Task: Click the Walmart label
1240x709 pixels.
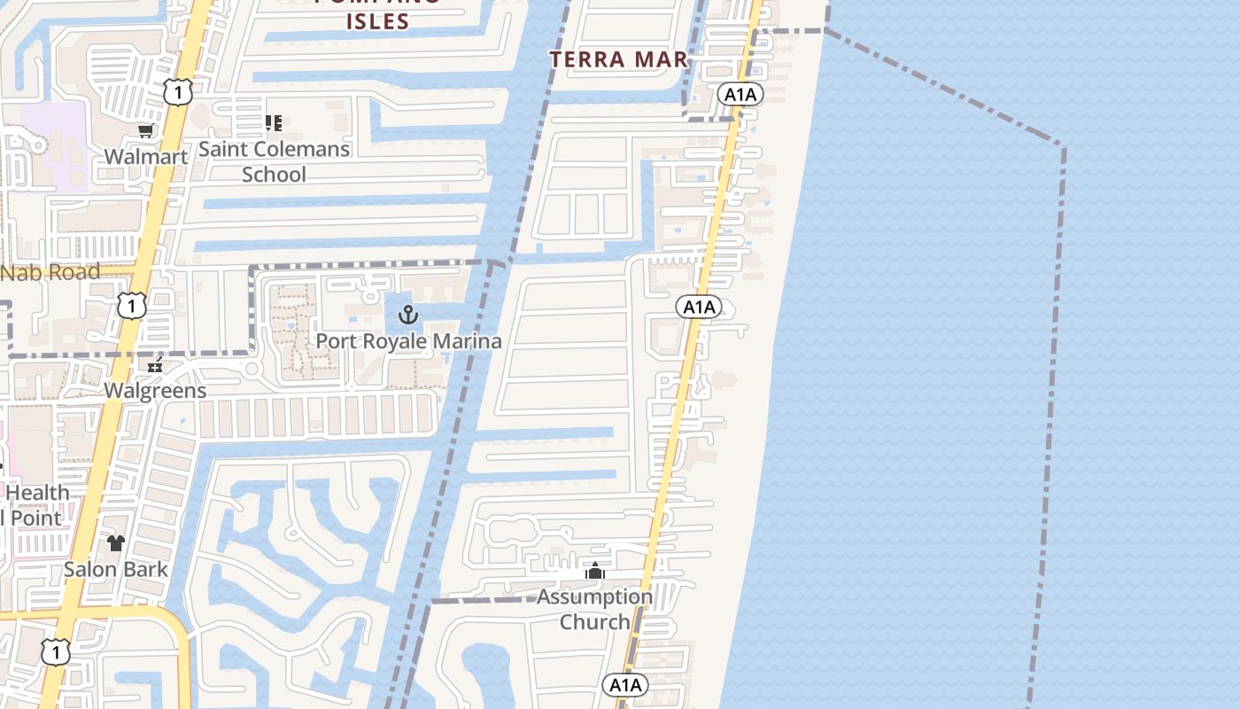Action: [x=146, y=157]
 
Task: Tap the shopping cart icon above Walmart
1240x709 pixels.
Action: [x=146, y=131]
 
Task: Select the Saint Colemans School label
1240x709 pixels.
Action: [x=274, y=161]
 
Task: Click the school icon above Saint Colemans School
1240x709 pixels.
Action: [x=274, y=123]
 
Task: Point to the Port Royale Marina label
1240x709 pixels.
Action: [x=408, y=341]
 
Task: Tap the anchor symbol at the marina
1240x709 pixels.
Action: [x=408, y=315]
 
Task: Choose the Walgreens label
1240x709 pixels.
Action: [x=155, y=391]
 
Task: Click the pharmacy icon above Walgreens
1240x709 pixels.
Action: [x=156, y=364]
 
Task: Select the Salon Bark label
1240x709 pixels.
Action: [x=115, y=569]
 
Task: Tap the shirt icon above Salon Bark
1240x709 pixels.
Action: [x=116, y=542]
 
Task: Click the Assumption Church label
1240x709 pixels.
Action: [x=595, y=609]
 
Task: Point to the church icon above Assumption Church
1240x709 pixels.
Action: [x=595, y=572]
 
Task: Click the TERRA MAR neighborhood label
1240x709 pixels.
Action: [x=618, y=59]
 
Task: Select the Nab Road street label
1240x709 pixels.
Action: [x=50, y=273]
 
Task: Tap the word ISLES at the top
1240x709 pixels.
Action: [x=377, y=22]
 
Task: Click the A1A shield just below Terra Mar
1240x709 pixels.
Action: [x=740, y=95]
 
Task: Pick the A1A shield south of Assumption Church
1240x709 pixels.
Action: [x=625, y=684]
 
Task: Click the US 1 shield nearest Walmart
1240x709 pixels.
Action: [x=177, y=91]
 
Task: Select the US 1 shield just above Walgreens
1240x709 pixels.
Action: [x=131, y=307]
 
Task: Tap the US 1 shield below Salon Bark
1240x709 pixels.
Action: [x=55, y=652]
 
